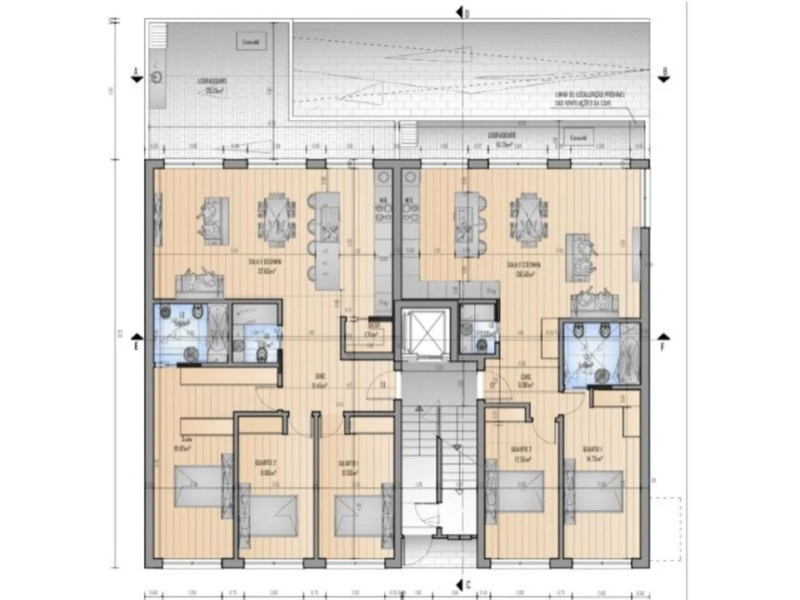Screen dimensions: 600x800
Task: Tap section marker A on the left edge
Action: click(135, 74)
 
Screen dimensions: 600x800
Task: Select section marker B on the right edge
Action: click(663, 74)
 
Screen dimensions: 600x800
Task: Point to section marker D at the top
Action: click(461, 12)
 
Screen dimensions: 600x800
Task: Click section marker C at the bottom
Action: click(461, 584)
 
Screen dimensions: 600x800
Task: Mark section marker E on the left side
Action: click(137, 341)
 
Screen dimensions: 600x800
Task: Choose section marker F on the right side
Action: click(662, 341)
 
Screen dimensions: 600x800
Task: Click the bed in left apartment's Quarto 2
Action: click(274, 514)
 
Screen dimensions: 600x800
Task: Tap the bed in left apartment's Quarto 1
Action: click(358, 514)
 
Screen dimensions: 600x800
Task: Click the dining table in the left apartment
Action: click(276, 219)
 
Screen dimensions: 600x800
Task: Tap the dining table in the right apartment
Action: click(528, 219)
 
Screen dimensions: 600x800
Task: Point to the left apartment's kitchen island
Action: click(324, 237)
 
